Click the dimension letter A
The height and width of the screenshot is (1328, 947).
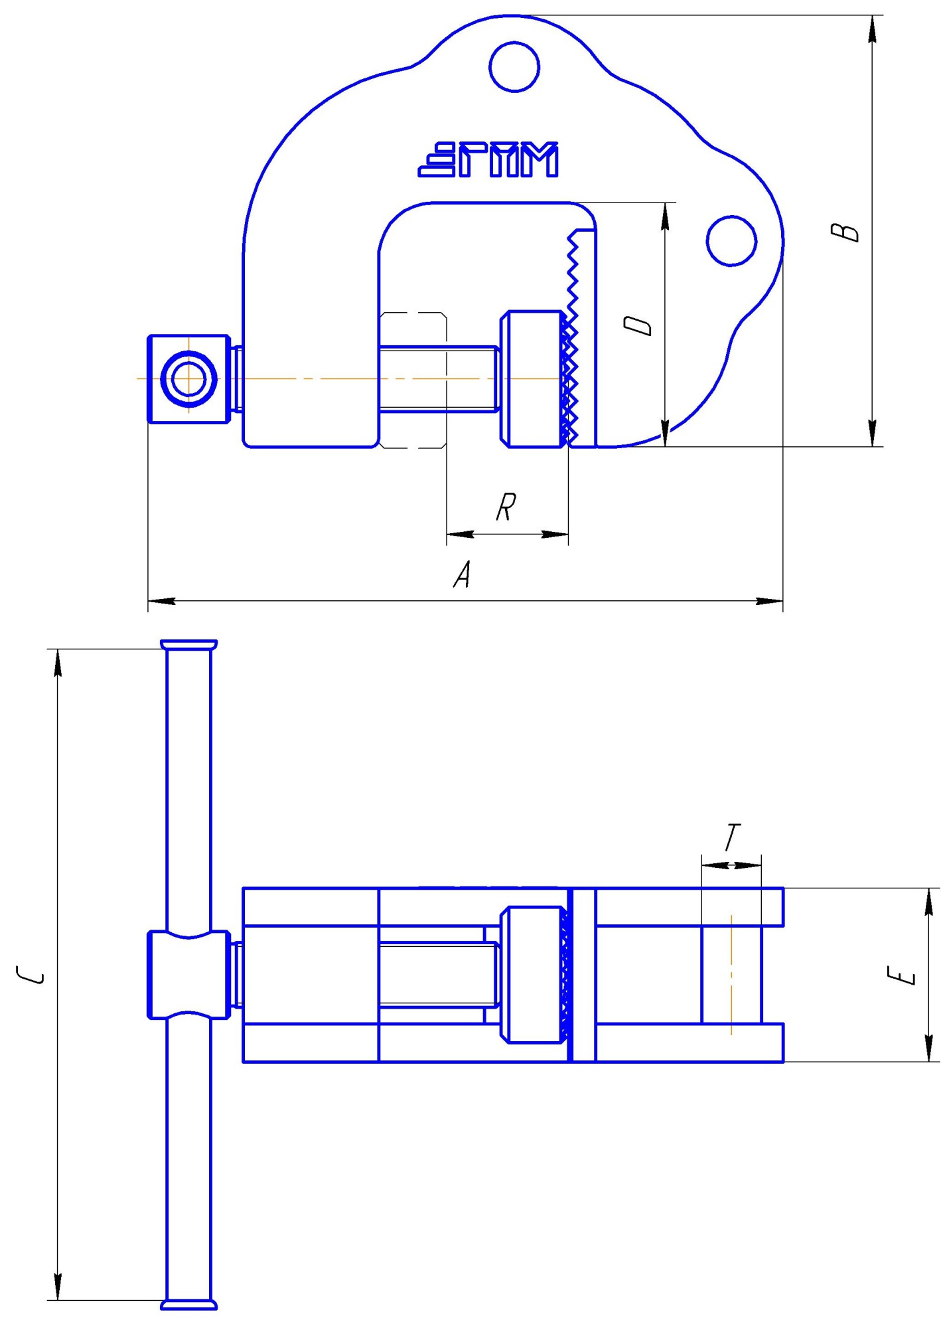click(463, 574)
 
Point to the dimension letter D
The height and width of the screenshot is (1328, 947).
click(638, 325)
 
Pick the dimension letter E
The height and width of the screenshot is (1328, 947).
click(901, 975)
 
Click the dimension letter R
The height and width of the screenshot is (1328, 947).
click(506, 507)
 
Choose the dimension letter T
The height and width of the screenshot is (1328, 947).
click(732, 837)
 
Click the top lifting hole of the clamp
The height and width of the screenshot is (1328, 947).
click(514, 66)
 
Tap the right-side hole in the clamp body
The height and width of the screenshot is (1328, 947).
click(731, 241)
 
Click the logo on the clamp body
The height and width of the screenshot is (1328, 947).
click(488, 160)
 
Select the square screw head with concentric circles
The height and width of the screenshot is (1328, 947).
click(189, 378)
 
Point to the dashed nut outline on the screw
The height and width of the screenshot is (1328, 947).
click(413, 380)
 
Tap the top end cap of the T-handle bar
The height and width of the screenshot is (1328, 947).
click(189, 645)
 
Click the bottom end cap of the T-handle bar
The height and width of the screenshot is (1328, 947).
click(189, 1305)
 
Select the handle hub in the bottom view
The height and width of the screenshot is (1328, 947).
click(189, 975)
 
